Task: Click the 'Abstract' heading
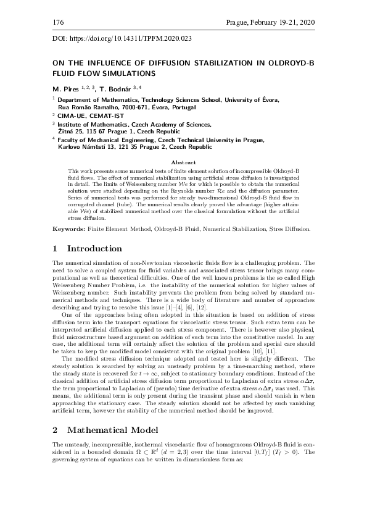pos(183,162)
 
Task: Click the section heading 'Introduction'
pos(94,249)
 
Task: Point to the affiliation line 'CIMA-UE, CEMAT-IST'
pos(88,115)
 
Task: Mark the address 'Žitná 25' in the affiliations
pos(70,132)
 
